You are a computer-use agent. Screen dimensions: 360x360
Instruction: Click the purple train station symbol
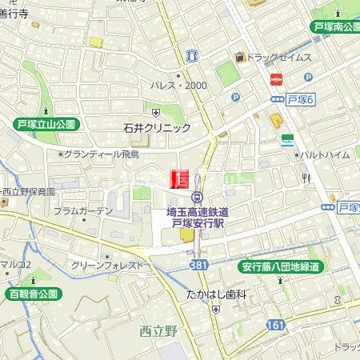(197, 198)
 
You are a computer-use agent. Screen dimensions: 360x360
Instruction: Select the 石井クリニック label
(157, 128)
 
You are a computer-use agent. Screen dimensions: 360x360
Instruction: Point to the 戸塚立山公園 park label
(46, 124)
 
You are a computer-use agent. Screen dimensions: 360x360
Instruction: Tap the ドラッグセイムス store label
(277, 58)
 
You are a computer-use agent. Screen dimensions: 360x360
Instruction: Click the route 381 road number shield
(199, 265)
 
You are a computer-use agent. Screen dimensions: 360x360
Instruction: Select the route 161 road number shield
(298, 325)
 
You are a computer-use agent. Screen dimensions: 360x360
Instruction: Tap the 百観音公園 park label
(32, 294)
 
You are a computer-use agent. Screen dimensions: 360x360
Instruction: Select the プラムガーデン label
(83, 211)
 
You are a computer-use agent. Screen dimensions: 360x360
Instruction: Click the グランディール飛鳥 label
(101, 154)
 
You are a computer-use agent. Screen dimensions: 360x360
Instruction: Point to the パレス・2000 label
(178, 86)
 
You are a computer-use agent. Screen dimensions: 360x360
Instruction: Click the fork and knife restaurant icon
(306, 178)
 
